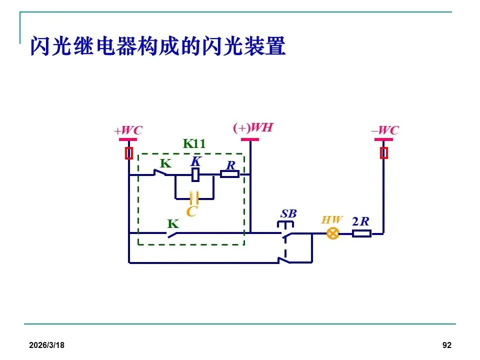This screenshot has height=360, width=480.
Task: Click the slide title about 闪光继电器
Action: [157, 46]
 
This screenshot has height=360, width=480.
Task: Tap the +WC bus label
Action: [128, 131]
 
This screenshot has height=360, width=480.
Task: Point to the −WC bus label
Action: [384, 131]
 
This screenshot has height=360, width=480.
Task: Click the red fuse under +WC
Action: [129, 153]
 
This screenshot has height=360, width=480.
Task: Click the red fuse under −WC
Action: [384, 153]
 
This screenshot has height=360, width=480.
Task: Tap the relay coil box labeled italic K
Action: [196, 174]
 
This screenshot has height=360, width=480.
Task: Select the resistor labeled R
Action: [230, 174]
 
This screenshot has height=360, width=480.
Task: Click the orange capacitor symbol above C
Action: [194, 198]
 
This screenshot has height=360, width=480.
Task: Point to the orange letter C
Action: [191, 211]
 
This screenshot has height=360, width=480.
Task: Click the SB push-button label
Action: [288, 213]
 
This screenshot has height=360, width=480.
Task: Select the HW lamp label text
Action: [332, 220]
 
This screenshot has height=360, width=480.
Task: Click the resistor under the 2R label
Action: [361, 233]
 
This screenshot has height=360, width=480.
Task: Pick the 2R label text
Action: [360, 221]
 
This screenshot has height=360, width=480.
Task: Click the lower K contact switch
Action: [173, 233]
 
